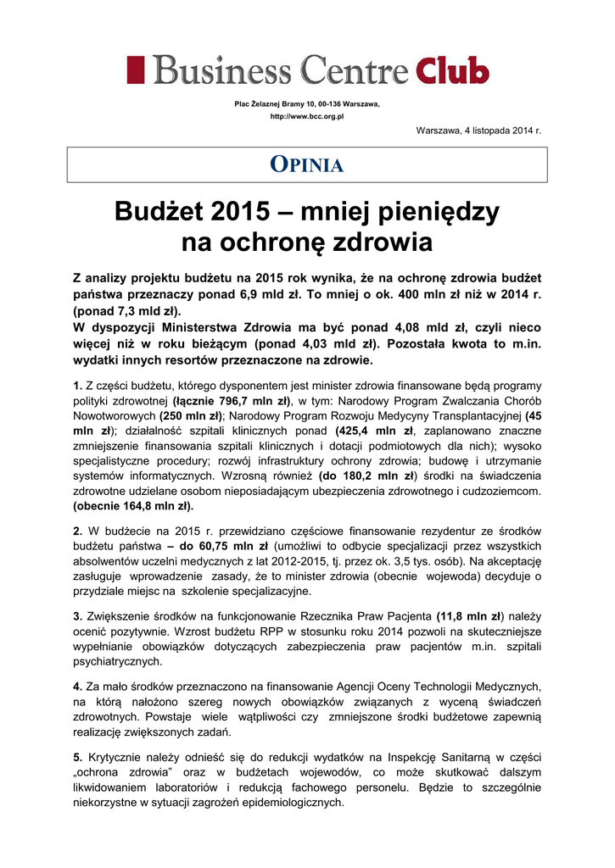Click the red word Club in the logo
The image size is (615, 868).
coord(452,70)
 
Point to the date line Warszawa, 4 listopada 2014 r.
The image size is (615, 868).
coord(478,130)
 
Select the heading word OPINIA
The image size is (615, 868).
coord(307,165)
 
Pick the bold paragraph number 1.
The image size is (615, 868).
coord(77,386)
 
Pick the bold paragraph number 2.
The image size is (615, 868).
coord(77,530)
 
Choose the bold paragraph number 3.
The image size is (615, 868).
coord(77,615)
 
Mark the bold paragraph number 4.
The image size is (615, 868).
coord(77,686)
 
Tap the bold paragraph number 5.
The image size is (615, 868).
coord(77,756)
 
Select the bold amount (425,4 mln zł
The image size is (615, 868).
coord(374,431)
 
